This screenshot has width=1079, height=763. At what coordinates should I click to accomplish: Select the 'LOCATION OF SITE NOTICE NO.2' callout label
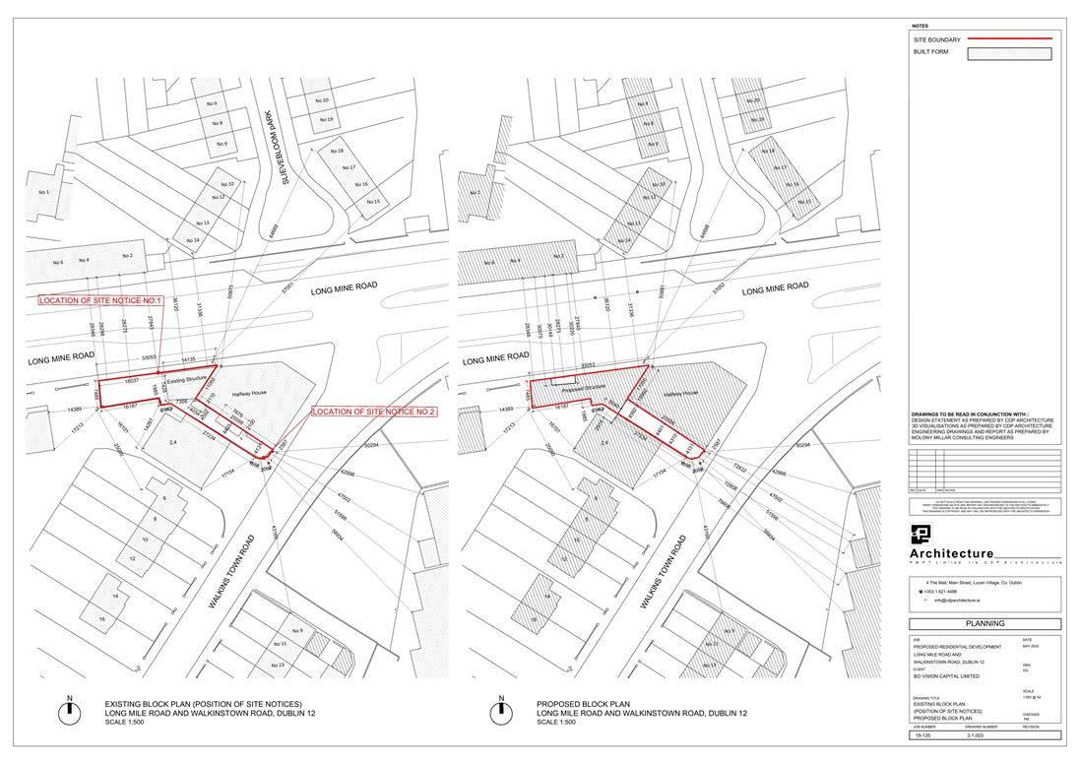pos(374,411)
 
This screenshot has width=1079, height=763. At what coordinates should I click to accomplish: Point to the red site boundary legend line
pos(1010,38)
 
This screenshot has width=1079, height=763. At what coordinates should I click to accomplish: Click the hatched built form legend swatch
pos(1010,54)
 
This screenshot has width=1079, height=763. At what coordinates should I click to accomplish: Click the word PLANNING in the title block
pos(984,623)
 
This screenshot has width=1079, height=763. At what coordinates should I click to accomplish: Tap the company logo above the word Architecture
pos(921,535)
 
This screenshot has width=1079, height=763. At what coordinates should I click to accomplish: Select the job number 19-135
pos(922,735)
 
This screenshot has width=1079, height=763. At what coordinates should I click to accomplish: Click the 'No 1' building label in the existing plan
pos(42,191)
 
